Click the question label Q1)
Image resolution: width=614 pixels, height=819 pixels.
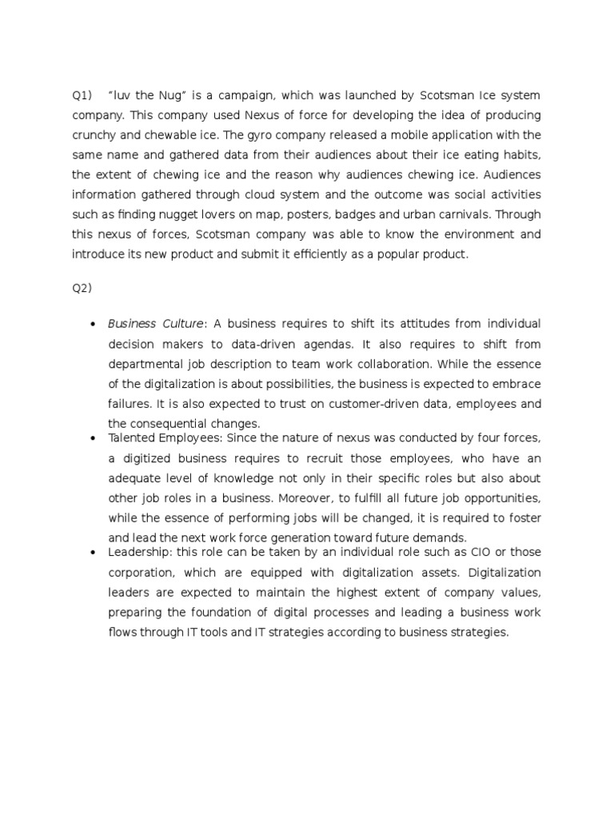click(x=82, y=95)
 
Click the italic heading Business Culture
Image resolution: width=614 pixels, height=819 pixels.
click(x=157, y=324)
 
